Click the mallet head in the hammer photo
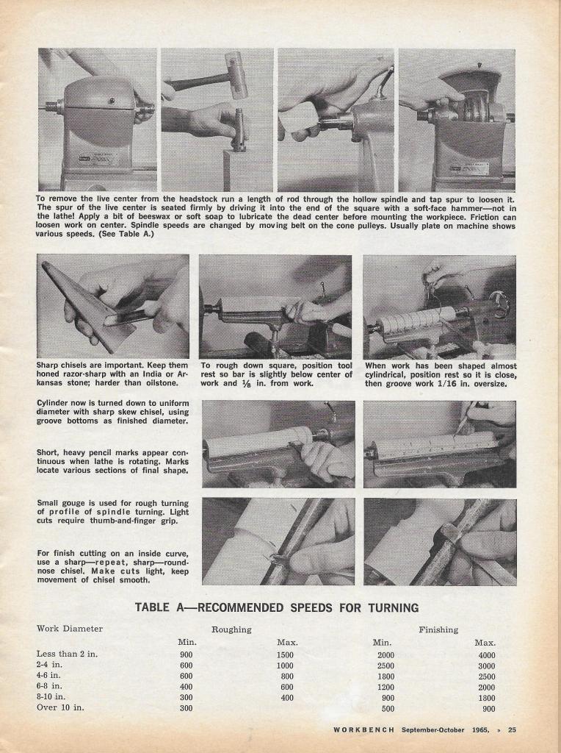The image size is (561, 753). (x=236, y=74)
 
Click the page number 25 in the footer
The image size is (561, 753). (x=512, y=729)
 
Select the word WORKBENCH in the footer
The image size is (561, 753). (x=364, y=729)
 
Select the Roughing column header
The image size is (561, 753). (x=231, y=629)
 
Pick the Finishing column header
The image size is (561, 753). (x=438, y=629)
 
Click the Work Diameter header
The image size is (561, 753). (x=70, y=629)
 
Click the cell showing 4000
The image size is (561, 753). (x=486, y=655)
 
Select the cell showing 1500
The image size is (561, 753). (x=285, y=655)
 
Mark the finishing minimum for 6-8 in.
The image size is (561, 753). (x=386, y=687)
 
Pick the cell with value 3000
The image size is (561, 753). (x=486, y=665)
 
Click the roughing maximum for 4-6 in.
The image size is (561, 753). (x=286, y=676)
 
